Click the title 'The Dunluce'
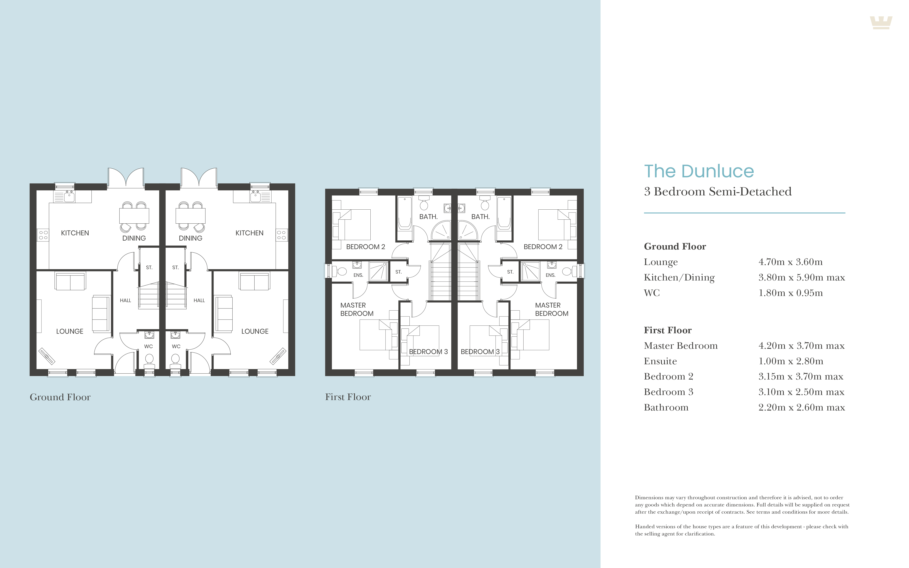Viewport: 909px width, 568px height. (x=699, y=171)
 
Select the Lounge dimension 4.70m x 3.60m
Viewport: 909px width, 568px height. (x=790, y=262)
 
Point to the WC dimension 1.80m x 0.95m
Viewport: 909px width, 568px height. (x=790, y=293)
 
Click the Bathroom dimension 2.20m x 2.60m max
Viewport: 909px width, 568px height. (x=802, y=407)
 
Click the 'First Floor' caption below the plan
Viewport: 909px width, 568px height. (x=348, y=397)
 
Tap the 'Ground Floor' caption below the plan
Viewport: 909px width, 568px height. (x=60, y=397)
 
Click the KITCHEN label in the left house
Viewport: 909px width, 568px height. (x=75, y=233)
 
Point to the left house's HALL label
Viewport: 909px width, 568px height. (x=125, y=301)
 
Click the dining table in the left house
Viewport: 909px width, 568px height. (x=134, y=216)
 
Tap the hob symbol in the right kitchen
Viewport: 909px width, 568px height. (x=282, y=235)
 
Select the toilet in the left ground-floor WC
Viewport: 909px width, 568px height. (x=149, y=360)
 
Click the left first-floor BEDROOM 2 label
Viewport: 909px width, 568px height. (x=365, y=247)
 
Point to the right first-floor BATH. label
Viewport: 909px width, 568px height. (x=480, y=217)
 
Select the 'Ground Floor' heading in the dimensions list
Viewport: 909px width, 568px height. (x=675, y=246)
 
